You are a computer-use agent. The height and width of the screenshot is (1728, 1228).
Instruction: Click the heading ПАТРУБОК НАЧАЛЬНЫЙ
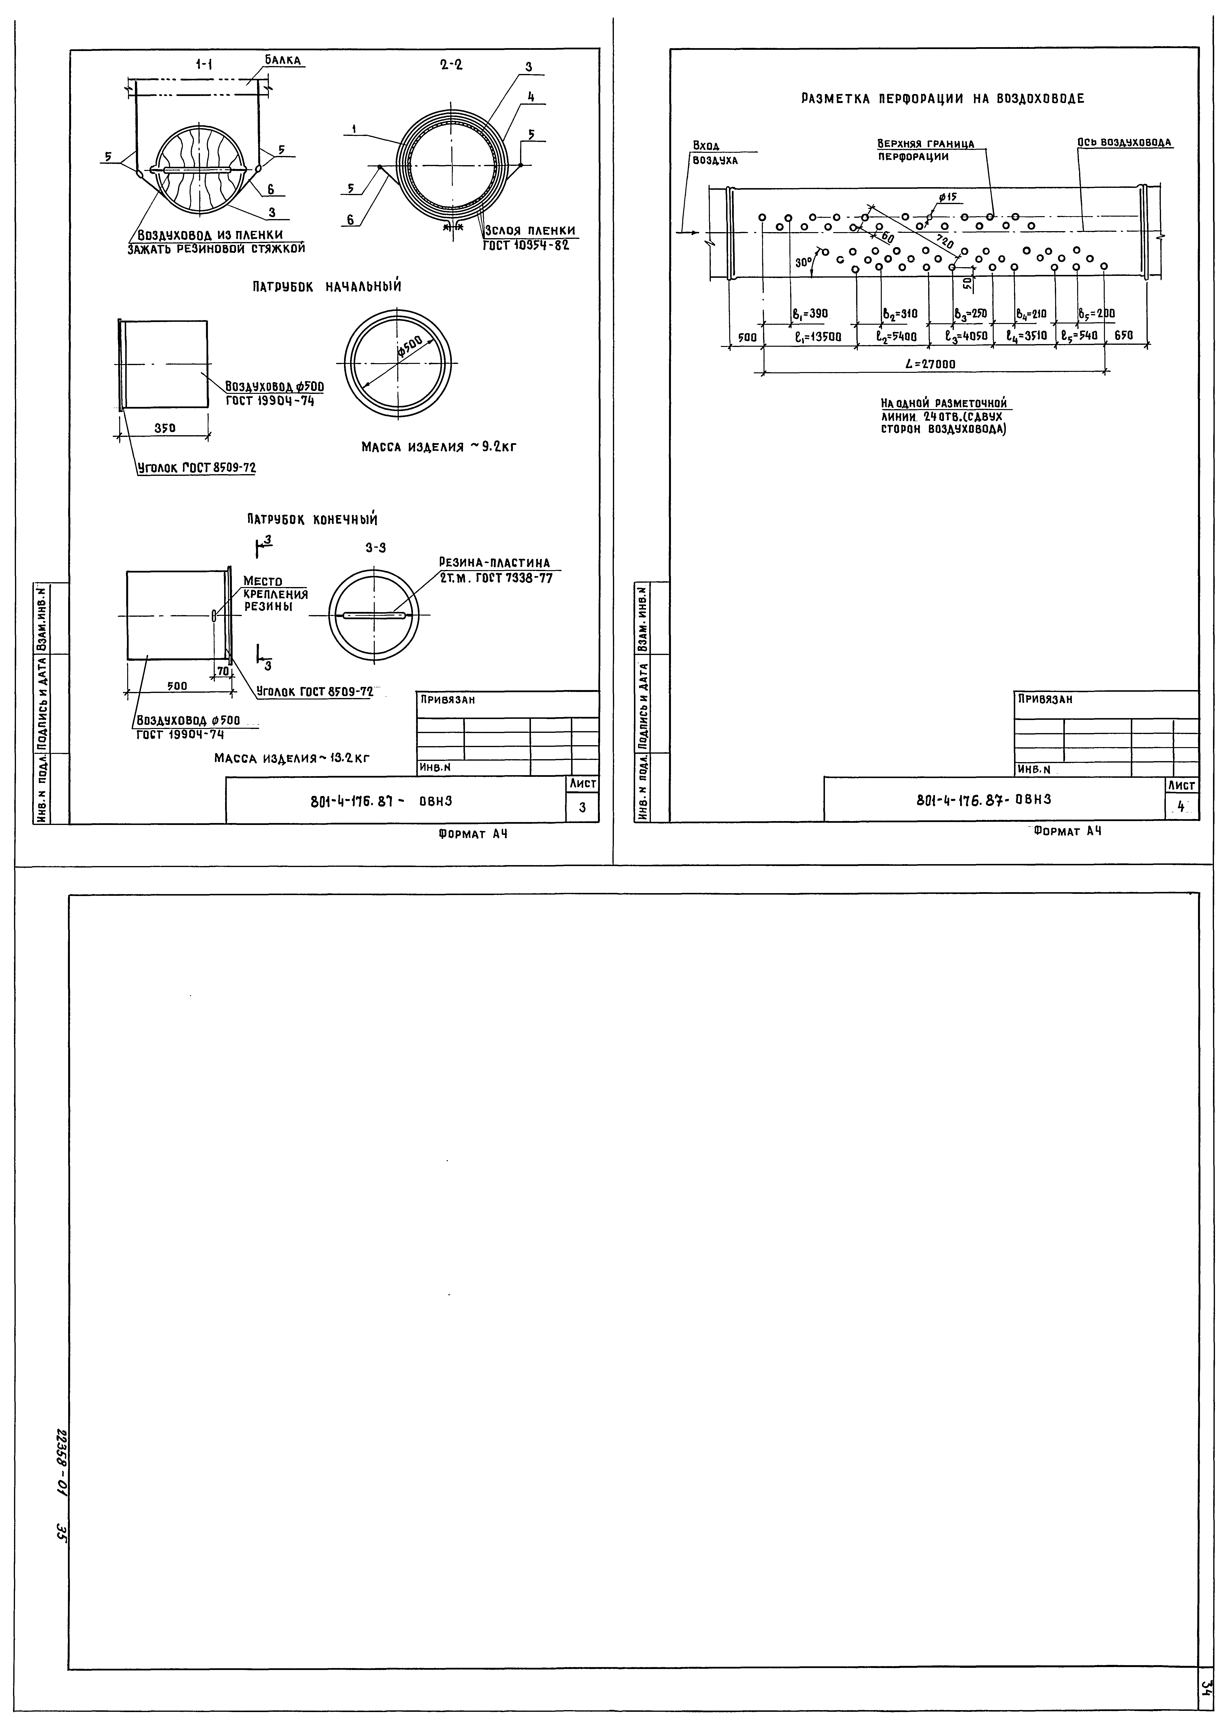pyautogui.click(x=327, y=287)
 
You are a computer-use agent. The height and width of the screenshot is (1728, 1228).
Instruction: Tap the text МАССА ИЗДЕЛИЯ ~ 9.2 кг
pyautogui.click(x=439, y=447)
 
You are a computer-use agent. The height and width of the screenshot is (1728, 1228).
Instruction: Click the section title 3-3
pyautogui.click(x=376, y=548)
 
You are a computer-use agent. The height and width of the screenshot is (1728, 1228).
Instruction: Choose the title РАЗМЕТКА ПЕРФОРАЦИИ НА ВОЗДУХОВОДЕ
pyautogui.click(x=942, y=99)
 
